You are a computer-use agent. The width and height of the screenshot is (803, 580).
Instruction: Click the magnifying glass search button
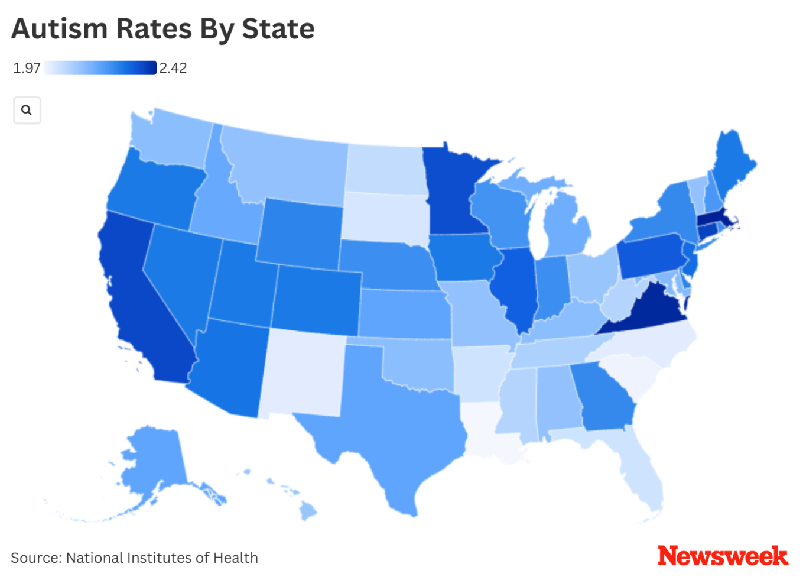coord(27,110)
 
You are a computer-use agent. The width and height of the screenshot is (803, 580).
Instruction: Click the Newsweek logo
coord(722,556)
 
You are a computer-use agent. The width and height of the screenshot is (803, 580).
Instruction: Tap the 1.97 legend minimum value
coord(27,68)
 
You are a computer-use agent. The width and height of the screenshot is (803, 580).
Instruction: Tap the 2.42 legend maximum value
coord(173,68)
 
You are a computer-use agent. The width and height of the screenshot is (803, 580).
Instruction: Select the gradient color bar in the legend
coord(100,68)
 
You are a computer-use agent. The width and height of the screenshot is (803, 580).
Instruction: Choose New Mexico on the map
coord(301,372)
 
